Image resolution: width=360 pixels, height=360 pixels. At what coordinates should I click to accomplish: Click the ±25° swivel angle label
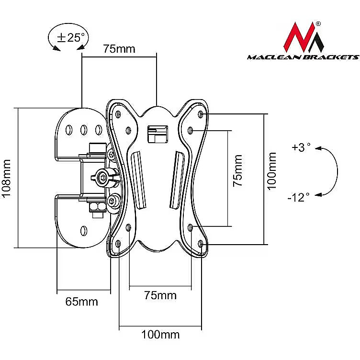(71, 37)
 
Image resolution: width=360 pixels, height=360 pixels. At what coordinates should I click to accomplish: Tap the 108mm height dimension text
(6, 178)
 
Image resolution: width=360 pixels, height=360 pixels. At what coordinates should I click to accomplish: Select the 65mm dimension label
(81, 302)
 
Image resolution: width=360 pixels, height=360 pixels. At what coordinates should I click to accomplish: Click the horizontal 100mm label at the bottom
(160, 335)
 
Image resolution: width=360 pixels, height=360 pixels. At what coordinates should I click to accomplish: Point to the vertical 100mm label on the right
(272, 171)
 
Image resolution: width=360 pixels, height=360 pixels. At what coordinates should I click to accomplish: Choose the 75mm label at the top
(119, 49)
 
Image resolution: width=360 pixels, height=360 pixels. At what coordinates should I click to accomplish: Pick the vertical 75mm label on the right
(237, 170)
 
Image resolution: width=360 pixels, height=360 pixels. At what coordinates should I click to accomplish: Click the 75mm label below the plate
(160, 295)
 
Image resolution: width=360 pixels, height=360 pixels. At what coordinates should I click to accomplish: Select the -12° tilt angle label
(298, 197)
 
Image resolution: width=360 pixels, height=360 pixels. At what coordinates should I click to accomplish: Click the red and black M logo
(304, 37)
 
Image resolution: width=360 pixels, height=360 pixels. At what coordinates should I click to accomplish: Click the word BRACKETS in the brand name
(331, 57)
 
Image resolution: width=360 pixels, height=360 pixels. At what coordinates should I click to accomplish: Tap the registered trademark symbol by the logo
(318, 23)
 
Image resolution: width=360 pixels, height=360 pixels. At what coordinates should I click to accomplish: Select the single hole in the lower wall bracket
(84, 230)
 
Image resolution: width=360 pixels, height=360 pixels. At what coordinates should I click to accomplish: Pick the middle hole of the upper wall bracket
(84, 130)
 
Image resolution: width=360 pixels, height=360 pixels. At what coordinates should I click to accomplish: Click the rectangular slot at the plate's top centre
(157, 135)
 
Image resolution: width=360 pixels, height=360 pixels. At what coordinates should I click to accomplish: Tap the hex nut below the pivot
(97, 207)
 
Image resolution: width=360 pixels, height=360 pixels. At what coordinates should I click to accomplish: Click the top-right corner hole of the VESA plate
(201, 114)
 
